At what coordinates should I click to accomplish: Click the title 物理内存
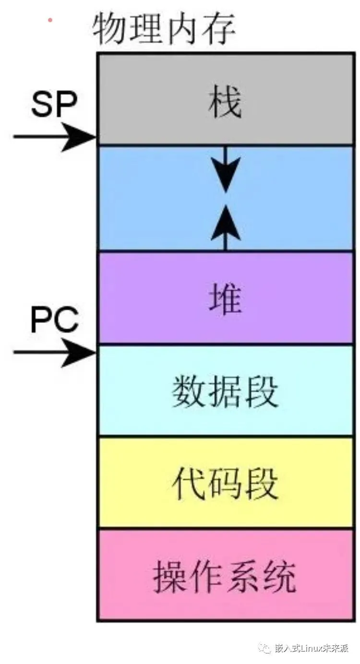164,28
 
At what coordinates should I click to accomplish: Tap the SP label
54,105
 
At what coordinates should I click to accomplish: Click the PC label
54,320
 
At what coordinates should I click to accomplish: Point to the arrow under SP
54,137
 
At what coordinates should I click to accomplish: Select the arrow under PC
54,353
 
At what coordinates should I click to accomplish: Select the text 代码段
225,484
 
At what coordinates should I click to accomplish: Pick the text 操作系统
224,575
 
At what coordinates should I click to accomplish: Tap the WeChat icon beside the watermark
265,648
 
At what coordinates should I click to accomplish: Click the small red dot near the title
50,20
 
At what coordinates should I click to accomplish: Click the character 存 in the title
218,28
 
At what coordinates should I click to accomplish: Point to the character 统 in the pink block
278,575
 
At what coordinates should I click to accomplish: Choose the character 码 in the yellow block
225,484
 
